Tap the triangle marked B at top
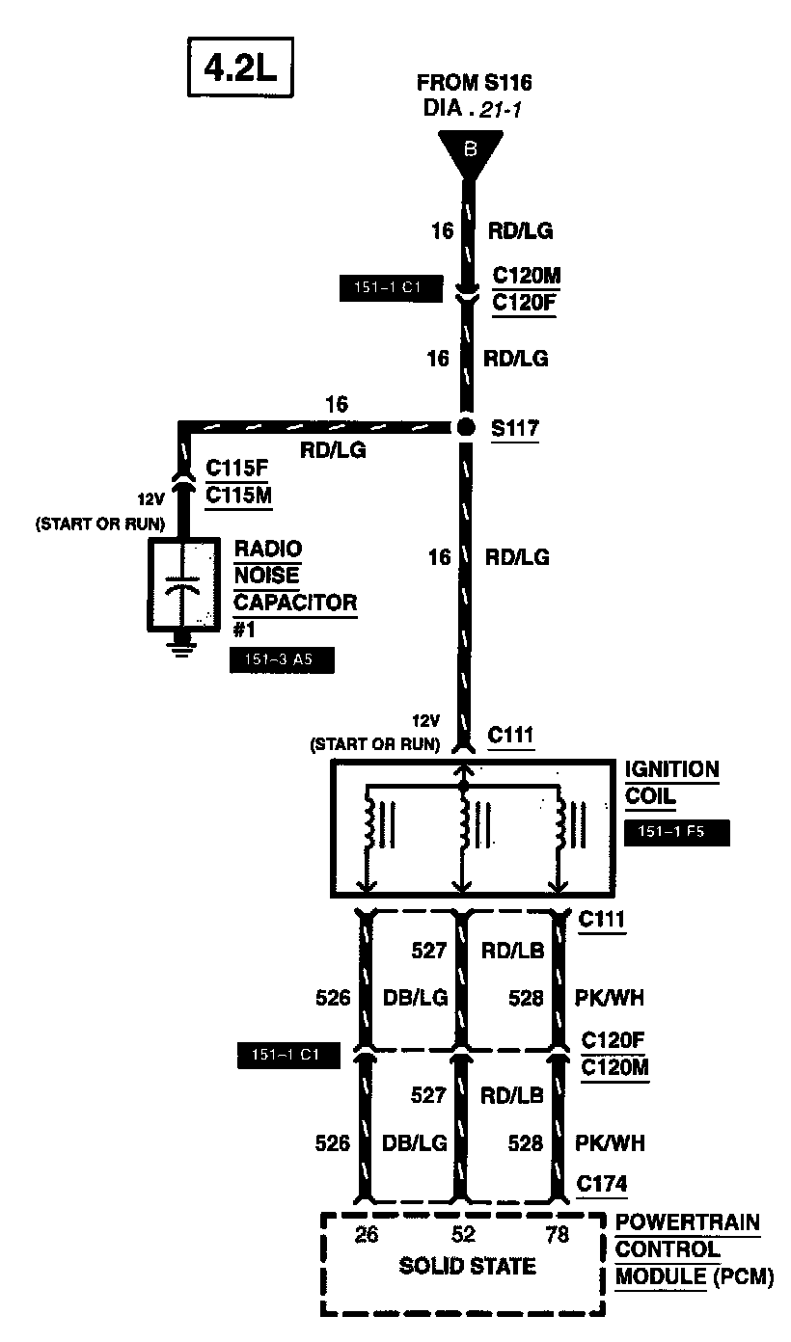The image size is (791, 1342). point(471,151)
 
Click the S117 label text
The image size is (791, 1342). point(514,428)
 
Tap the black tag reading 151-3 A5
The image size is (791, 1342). point(282,661)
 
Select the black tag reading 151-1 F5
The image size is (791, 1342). point(676,831)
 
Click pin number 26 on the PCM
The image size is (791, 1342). point(367,1234)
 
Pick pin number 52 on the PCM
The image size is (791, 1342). point(464,1234)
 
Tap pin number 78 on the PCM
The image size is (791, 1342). point(558,1234)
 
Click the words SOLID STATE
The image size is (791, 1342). point(467,1266)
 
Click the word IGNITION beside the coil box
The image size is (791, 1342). point(671,770)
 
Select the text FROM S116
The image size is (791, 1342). point(474,83)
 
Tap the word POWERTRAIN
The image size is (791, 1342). point(688,1223)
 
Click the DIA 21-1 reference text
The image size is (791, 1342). point(473,109)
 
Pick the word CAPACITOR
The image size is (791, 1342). point(295,603)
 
